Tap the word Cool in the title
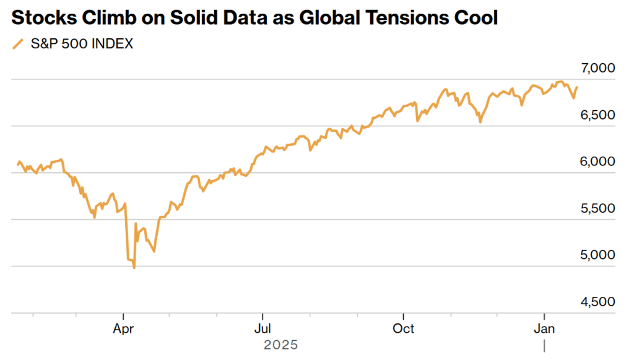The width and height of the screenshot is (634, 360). click(x=474, y=18)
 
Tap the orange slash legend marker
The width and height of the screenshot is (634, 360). click(x=18, y=44)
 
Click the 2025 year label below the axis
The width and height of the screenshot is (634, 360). click(x=280, y=345)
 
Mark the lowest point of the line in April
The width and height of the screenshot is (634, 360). click(x=134, y=268)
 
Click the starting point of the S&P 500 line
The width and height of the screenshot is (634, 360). click(x=18, y=165)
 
